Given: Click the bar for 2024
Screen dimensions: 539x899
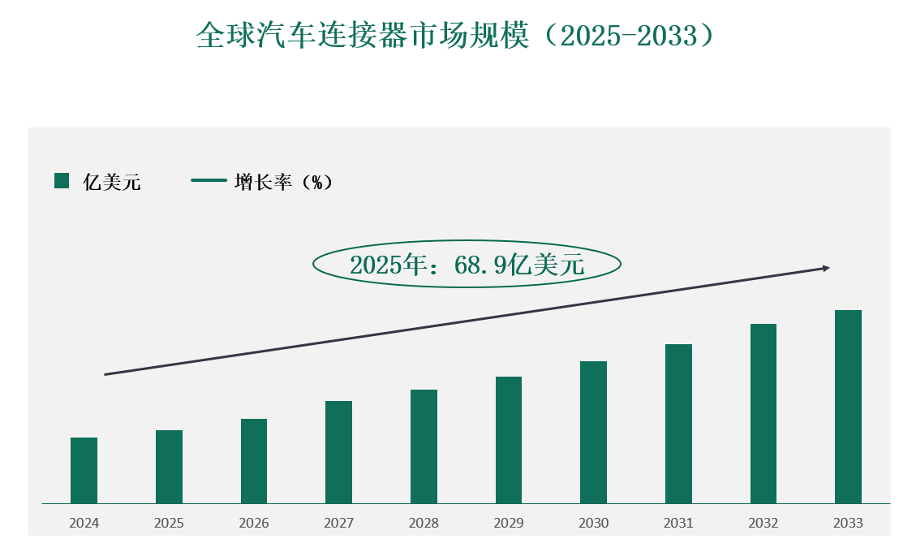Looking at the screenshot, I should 84,471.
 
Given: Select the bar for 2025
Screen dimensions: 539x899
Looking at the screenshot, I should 169,467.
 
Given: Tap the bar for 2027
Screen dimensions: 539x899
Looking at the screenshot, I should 338,452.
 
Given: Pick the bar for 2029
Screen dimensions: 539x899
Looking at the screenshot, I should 509,440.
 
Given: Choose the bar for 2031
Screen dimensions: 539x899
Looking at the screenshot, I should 678,424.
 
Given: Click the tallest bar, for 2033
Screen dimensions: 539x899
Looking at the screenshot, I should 848,407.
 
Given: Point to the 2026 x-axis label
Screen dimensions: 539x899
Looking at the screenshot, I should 254,523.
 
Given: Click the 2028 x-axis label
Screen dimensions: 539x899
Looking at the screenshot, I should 424,523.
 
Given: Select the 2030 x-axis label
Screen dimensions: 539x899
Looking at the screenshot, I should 593,523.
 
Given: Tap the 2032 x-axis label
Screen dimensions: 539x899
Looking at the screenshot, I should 764,523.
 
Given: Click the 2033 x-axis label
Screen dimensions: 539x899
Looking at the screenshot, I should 848,523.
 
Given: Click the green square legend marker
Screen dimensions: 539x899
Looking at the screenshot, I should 62,181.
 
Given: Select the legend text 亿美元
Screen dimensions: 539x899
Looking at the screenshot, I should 112,182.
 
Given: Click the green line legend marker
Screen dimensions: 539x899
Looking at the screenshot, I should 209,181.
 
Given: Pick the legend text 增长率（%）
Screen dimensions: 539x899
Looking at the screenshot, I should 283,182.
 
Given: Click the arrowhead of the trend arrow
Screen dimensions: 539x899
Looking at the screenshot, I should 826,268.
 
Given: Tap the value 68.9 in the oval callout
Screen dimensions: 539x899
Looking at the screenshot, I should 475,264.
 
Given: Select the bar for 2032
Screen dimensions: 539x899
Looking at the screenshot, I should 764,414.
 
